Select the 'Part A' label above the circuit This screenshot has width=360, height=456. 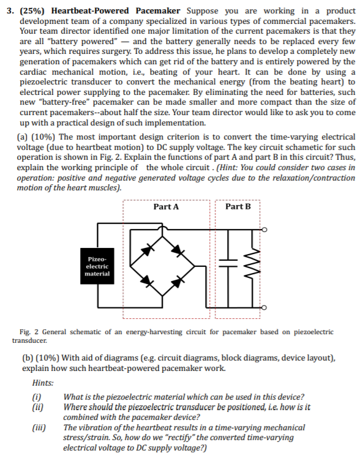pyautogui.click(x=166, y=207)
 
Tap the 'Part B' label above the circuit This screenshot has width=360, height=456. pyautogui.click(x=238, y=207)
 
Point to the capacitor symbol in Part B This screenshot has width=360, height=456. pyautogui.click(x=231, y=267)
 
